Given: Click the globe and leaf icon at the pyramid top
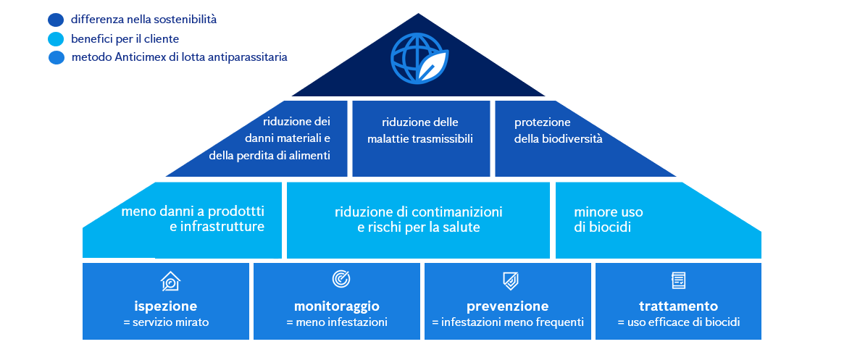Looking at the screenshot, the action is (419, 56).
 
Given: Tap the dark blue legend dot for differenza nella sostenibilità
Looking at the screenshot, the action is (56, 20).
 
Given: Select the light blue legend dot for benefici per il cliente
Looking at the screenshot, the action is (56, 39).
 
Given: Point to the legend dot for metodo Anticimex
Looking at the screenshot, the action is (57, 57).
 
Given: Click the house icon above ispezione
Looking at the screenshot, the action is (170, 280).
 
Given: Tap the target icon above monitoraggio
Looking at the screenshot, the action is (341, 278).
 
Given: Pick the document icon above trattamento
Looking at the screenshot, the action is (679, 280).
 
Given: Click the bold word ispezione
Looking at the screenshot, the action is (165, 306).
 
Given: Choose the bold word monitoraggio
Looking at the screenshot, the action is (337, 306).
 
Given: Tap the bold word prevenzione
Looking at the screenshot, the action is (507, 306).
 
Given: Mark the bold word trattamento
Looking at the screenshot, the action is (678, 306).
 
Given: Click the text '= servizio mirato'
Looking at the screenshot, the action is (166, 322).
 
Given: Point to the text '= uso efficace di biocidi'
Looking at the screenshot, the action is (678, 322).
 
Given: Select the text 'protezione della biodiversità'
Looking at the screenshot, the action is (558, 130).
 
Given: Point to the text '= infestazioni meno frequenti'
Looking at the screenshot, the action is (508, 322).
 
